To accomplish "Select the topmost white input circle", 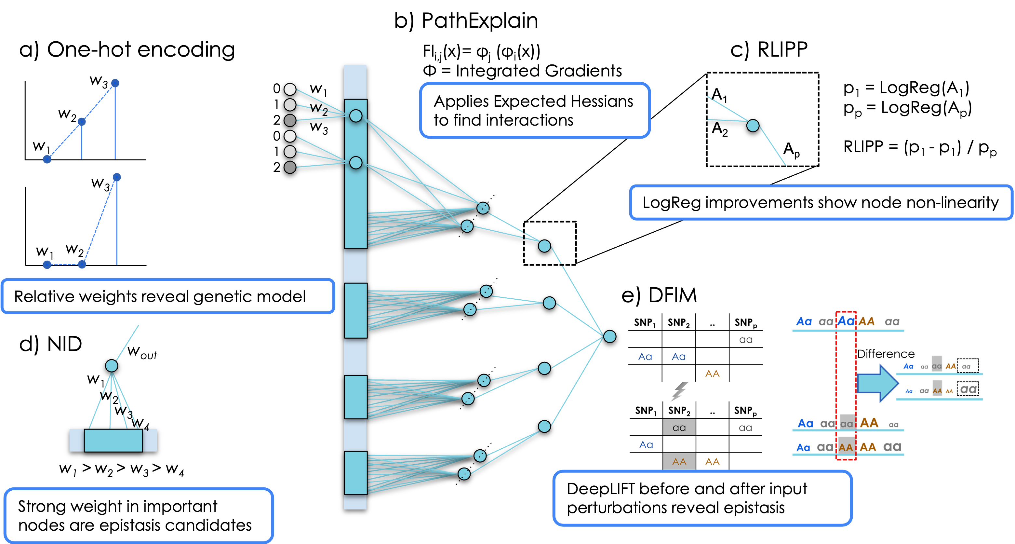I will pyautogui.click(x=290, y=89).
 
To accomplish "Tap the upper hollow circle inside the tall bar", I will pyautogui.click(x=356, y=116).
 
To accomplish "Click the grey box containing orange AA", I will pyautogui.click(x=679, y=461).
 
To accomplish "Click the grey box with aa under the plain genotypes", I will pyautogui.click(x=679, y=427).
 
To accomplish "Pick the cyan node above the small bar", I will pyautogui.click(x=112, y=366).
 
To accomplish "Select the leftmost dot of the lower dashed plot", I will pyautogui.click(x=47, y=265).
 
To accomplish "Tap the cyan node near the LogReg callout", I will pyautogui.click(x=753, y=126).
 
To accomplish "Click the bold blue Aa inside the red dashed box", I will pyautogui.click(x=846, y=321).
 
